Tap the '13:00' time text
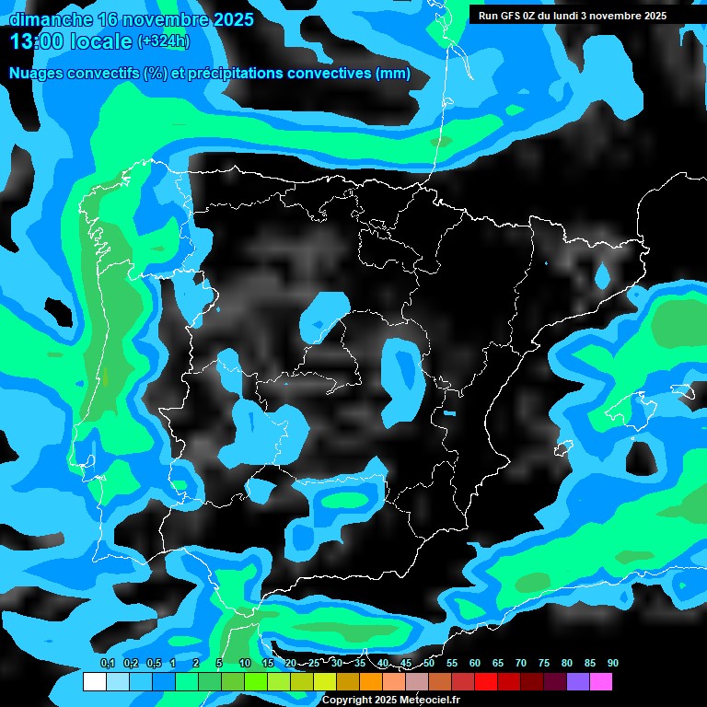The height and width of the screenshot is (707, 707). point(37,41)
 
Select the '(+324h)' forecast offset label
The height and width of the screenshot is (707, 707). point(163,41)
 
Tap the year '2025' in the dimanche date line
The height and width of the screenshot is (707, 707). point(232,18)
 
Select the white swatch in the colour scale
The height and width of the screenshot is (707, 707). point(95,682)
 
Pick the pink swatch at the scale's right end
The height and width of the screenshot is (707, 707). point(601,682)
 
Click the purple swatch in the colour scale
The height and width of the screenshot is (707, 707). point(578,682)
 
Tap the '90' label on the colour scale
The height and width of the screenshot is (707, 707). point(613,663)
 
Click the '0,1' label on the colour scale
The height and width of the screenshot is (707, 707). point(108,663)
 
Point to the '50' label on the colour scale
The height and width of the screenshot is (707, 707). point(429,663)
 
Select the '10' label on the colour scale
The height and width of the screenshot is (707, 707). point(245,663)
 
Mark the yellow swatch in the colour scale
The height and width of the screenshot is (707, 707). point(325,682)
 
